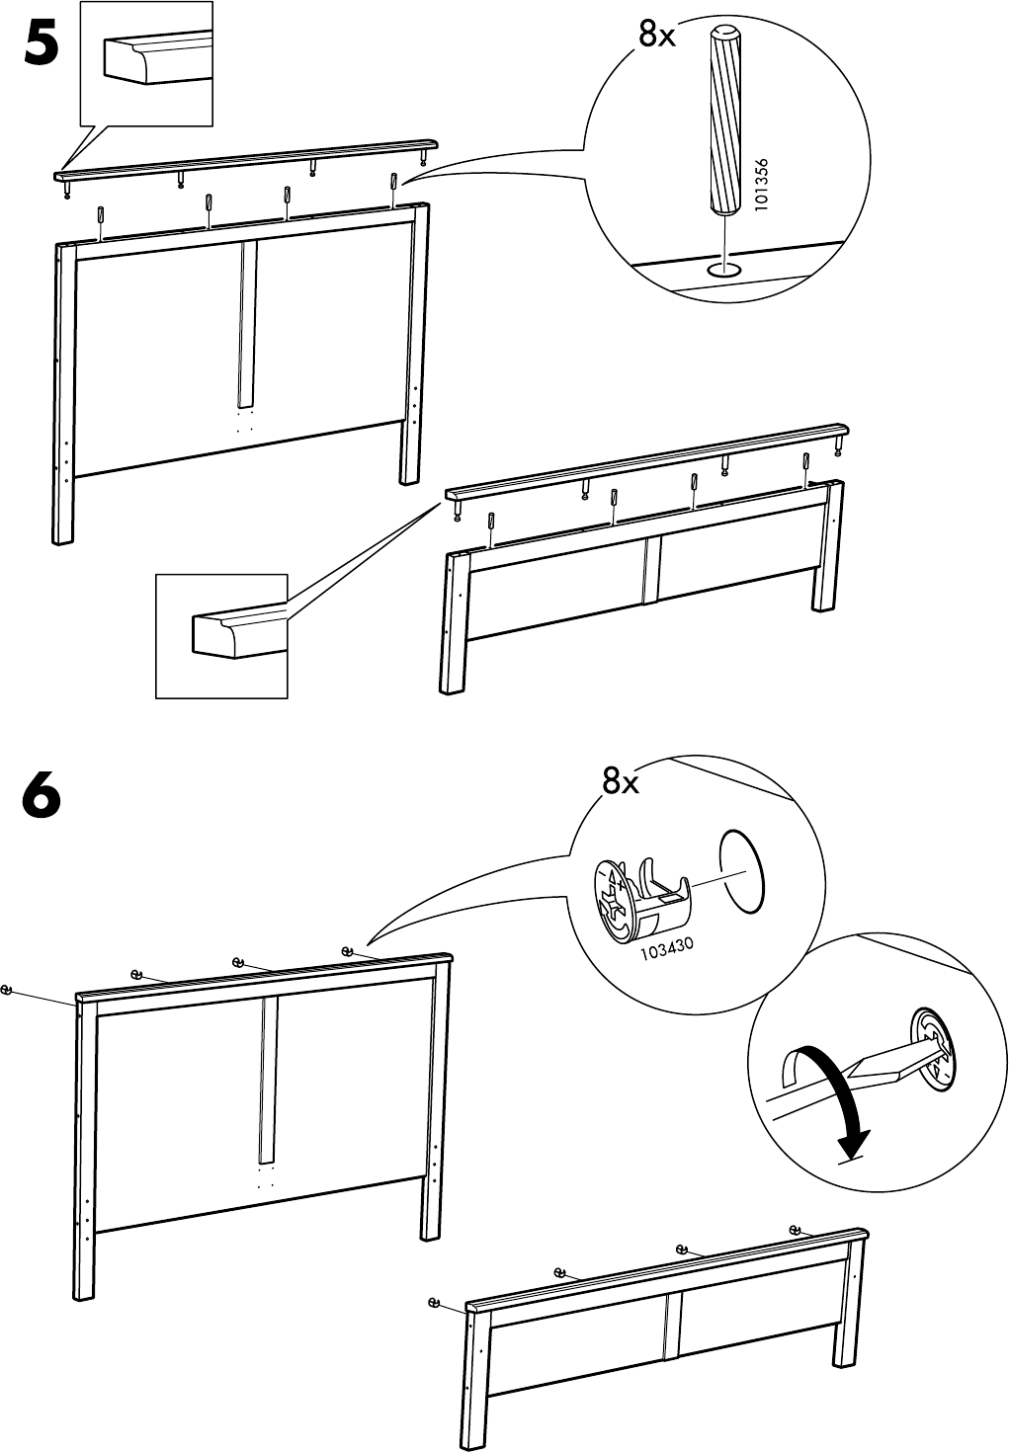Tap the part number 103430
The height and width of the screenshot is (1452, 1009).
click(x=667, y=949)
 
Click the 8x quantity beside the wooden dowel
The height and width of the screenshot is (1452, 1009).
click(x=656, y=37)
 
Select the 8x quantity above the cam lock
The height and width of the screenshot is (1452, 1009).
click(x=621, y=783)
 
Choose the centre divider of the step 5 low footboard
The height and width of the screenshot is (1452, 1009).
click(x=650, y=569)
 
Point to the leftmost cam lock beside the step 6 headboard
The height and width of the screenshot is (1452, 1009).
click(x=8, y=991)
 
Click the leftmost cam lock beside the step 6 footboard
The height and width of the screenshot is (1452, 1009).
click(x=434, y=1302)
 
